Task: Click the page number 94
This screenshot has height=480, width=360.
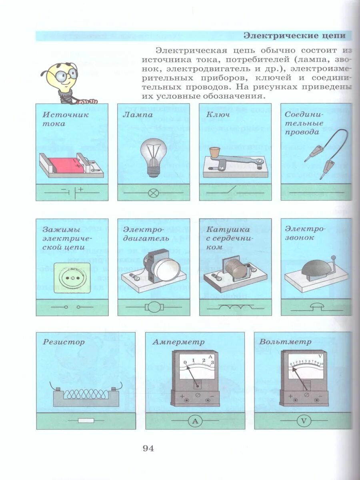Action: [x=148, y=448]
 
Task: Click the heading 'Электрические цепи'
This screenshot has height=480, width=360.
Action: [x=294, y=36]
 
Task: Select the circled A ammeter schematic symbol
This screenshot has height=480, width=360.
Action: [x=195, y=421]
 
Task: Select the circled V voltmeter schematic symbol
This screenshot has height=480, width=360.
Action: [x=303, y=421]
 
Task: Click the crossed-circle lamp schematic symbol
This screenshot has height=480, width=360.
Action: [x=153, y=193]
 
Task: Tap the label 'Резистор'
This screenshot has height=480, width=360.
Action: [x=64, y=342]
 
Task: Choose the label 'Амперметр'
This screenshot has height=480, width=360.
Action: [x=178, y=342]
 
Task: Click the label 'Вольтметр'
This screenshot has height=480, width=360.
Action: [x=285, y=342]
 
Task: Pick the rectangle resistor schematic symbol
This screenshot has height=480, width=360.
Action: [x=86, y=421]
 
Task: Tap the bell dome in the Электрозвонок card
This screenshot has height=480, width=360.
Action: [x=315, y=266]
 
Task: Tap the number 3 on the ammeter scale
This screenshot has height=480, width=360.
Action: [x=212, y=362]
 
